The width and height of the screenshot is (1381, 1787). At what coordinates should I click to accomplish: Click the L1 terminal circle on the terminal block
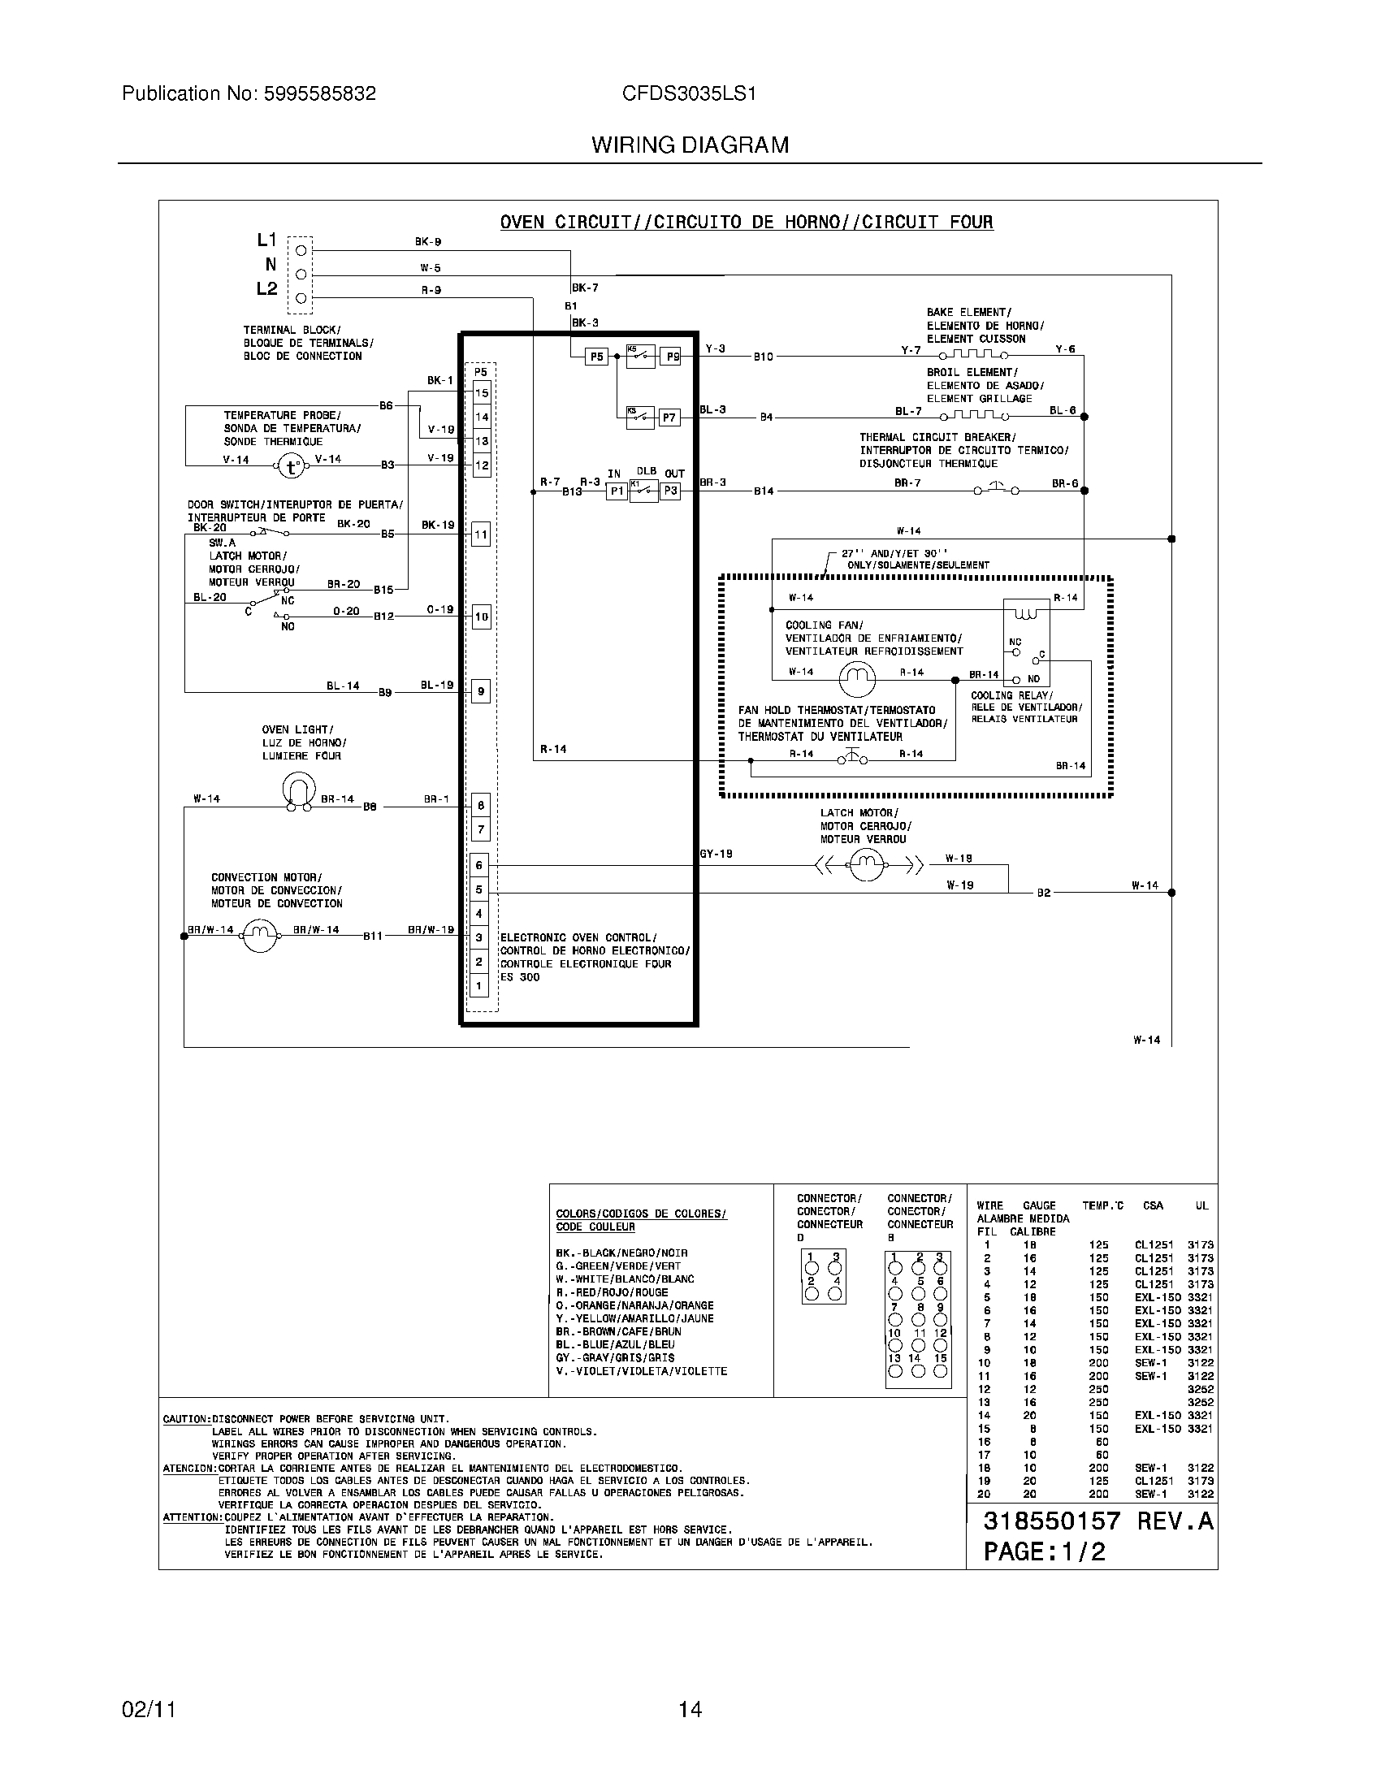point(301,249)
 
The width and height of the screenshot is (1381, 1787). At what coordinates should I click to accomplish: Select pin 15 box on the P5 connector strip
point(481,393)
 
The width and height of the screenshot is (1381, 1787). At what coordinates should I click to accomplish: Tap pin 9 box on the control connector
point(481,692)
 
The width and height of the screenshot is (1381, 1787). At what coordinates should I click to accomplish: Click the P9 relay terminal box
point(670,357)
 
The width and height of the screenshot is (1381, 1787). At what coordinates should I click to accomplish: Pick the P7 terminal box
point(669,418)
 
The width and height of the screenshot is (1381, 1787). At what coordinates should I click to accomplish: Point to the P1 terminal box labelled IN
point(616,491)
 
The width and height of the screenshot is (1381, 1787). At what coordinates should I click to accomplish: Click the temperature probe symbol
point(292,466)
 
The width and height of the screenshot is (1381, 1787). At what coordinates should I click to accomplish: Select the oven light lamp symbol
point(299,790)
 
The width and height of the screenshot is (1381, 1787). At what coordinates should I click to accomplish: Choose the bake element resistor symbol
point(973,355)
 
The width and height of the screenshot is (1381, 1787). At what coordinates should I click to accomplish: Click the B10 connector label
point(764,357)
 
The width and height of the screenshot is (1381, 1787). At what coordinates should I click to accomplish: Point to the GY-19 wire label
point(716,855)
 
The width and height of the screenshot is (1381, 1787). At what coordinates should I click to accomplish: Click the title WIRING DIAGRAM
point(690,145)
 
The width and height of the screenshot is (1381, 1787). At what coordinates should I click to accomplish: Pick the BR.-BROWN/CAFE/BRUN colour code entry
point(617,1331)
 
